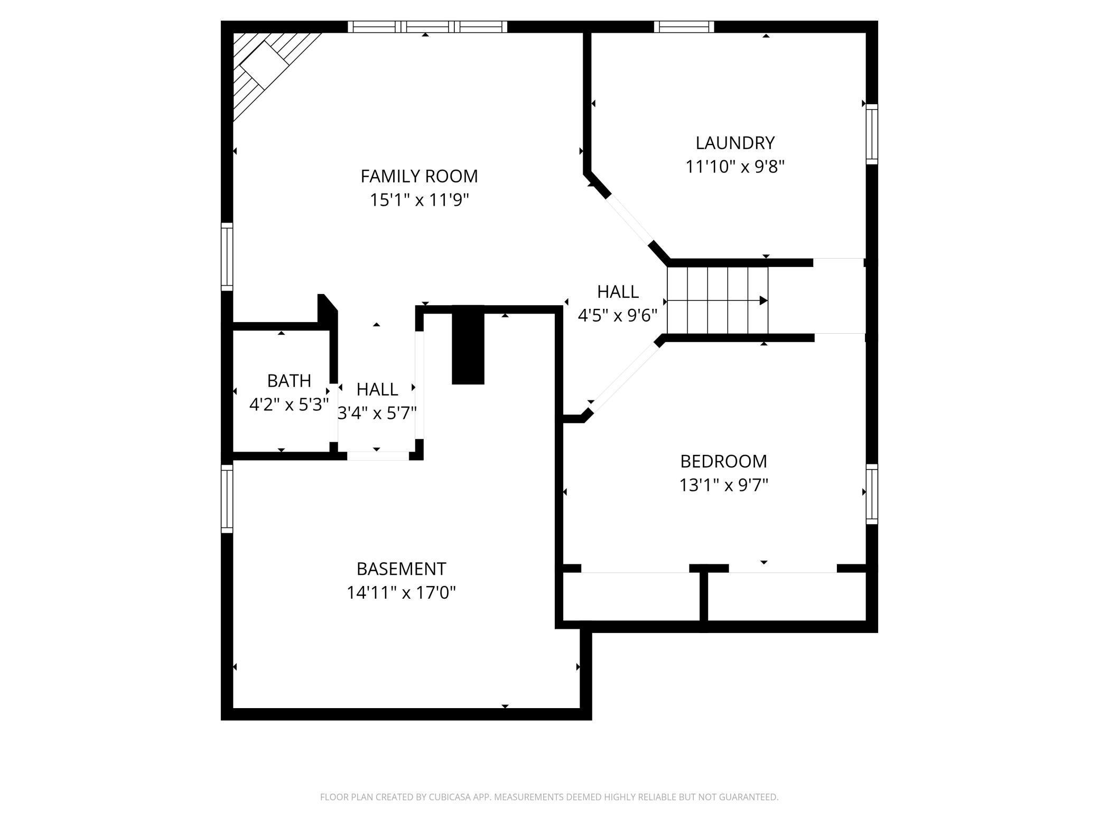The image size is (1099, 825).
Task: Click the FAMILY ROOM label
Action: click(419, 176)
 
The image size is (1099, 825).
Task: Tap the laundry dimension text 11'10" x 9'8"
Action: click(734, 167)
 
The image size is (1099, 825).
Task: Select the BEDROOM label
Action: click(723, 461)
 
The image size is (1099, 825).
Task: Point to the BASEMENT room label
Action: click(401, 569)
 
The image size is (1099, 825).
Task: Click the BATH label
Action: click(289, 381)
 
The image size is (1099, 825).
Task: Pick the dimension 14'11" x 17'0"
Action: click(401, 593)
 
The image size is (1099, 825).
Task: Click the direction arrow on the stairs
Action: click(763, 300)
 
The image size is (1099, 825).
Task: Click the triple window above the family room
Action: click(427, 26)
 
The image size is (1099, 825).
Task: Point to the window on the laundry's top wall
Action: click(684, 26)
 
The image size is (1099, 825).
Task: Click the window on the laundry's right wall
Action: click(872, 134)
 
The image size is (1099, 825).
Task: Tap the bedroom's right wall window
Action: click(872, 494)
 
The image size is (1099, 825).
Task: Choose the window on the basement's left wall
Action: click(227, 499)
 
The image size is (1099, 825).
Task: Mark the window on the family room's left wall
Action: click(227, 256)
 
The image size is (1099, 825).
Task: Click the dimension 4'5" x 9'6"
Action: click(617, 316)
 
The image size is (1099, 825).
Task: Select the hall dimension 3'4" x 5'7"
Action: click(377, 413)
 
